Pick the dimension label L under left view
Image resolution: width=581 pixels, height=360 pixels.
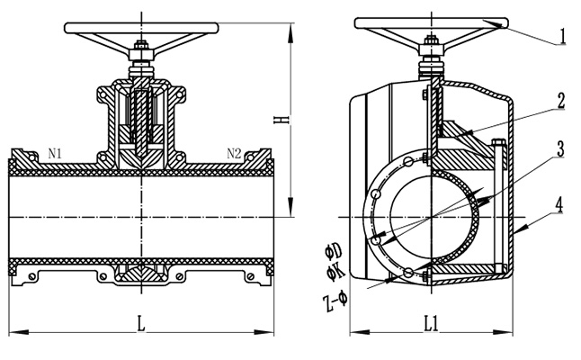click(x=141, y=322)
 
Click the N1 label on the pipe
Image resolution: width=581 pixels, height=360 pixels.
click(x=55, y=154)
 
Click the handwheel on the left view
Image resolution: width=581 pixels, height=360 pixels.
click(x=141, y=27)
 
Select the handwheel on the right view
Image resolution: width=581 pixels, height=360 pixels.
click(x=431, y=23)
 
